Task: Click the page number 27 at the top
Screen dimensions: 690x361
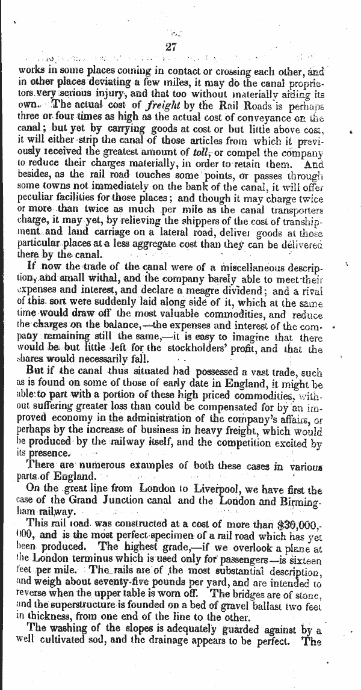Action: click(x=168, y=47)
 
